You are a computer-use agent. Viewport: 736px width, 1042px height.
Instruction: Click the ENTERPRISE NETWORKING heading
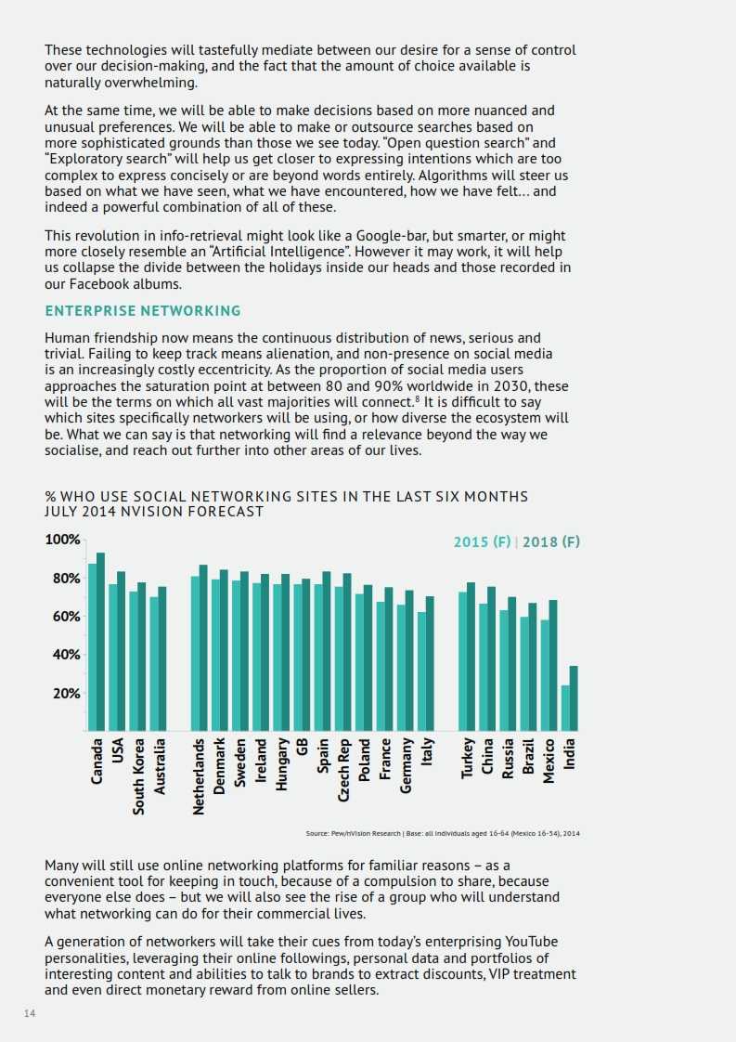click(x=142, y=311)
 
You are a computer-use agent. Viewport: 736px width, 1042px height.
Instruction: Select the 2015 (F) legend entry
click(x=482, y=542)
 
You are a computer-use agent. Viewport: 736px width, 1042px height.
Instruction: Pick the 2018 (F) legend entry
click(x=551, y=542)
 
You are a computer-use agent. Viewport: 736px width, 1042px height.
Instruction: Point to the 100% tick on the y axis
click(x=63, y=541)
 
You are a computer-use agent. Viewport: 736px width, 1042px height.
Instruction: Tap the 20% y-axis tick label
click(x=66, y=694)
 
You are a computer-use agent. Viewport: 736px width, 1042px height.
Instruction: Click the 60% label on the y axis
click(x=66, y=617)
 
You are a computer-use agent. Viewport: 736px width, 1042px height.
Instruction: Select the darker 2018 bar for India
click(x=574, y=697)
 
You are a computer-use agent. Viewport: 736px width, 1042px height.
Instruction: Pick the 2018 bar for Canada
click(x=100, y=641)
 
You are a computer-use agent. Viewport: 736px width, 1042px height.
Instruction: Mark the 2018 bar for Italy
click(x=430, y=663)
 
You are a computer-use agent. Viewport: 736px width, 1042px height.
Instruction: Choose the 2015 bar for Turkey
click(x=462, y=660)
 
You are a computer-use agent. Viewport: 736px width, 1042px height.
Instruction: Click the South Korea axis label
click(x=139, y=776)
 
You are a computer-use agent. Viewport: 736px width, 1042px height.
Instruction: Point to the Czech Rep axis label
click(x=343, y=770)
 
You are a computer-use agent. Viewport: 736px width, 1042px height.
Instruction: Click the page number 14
click(x=30, y=1012)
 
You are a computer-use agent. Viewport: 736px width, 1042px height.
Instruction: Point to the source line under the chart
click(x=442, y=833)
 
